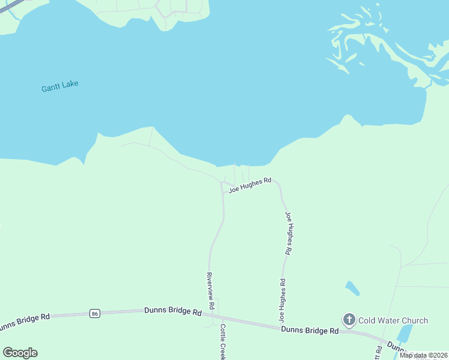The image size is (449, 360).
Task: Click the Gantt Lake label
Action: [x=60, y=86]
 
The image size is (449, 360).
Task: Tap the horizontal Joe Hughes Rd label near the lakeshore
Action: [x=250, y=184]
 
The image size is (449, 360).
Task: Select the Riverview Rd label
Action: [x=211, y=291]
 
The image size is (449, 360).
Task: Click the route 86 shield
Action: [x=94, y=313]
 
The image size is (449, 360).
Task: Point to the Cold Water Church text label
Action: [x=393, y=320]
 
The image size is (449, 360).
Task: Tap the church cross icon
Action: [x=349, y=320]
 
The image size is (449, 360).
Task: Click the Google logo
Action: [x=20, y=353]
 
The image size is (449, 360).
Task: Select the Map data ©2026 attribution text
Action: [x=423, y=355]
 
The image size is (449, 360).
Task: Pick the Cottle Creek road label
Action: [x=223, y=343]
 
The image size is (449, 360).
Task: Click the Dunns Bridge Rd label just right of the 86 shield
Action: [x=173, y=311]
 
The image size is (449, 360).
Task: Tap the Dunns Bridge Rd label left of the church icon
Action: [x=310, y=330]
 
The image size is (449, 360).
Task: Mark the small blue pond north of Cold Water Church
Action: [x=353, y=289]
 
